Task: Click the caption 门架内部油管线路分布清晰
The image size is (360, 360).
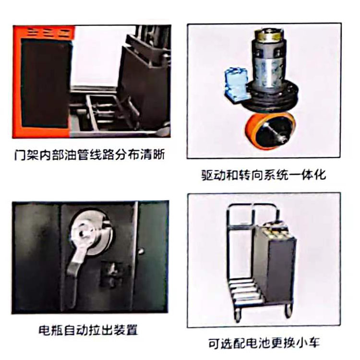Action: (x=90, y=155)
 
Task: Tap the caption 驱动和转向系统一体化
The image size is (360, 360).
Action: (x=264, y=175)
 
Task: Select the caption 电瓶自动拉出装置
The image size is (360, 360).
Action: (x=88, y=330)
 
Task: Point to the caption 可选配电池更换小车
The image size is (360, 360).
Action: (x=264, y=343)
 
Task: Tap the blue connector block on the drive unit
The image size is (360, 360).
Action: (x=235, y=84)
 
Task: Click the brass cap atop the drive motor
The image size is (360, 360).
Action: (x=267, y=35)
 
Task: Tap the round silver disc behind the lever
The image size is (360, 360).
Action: (x=92, y=232)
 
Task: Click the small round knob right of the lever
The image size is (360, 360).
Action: (x=141, y=251)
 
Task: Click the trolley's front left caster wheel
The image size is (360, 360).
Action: (x=238, y=315)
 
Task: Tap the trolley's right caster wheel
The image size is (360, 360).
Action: (x=288, y=311)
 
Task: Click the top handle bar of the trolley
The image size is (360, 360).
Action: (x=252, y=205)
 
